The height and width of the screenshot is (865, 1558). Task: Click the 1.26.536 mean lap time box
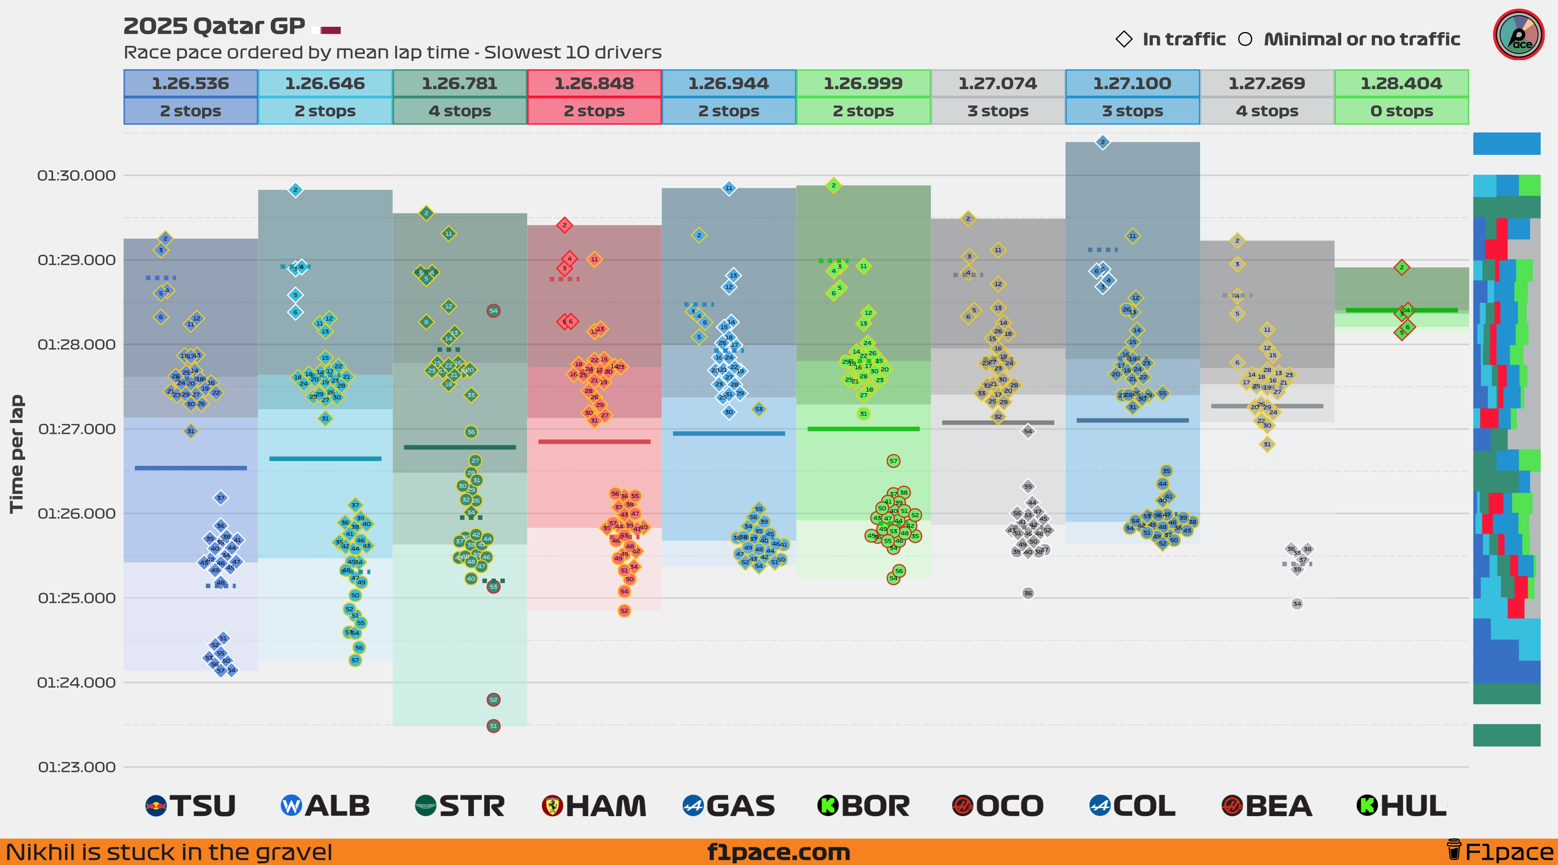click(x=190, y=83)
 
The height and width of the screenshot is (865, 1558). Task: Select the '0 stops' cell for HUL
click(x=1401, y=111)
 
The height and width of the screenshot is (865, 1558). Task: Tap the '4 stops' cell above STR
click(x=460, y=111)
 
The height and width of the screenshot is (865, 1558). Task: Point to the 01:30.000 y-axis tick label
click(x=76, y=175)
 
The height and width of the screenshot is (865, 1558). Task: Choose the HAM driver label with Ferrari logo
click(x=595, y=806)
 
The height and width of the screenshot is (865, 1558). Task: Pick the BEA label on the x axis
click(x=1267, y=806)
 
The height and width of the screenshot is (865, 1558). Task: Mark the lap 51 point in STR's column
click(x=493, y=726)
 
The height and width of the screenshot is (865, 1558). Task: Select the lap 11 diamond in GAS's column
click(x=729, y=188)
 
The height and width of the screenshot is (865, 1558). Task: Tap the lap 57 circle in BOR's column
click(x=893, y=461)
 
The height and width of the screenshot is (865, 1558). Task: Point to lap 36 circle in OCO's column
click(x=1027, y=593)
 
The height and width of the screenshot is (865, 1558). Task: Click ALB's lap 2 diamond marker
click(x=295, y=190)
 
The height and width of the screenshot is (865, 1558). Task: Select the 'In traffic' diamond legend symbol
click(x=1124, y=39)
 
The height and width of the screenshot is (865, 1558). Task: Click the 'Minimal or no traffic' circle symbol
click(x=1245, y=39)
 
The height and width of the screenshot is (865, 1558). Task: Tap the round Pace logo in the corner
click(x=1518, y=35)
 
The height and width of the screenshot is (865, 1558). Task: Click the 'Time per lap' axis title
click(x=16, y=453)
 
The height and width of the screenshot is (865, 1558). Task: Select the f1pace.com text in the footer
click(x=779, y=852)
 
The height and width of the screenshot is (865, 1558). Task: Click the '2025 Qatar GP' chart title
click(x=214, y=26)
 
